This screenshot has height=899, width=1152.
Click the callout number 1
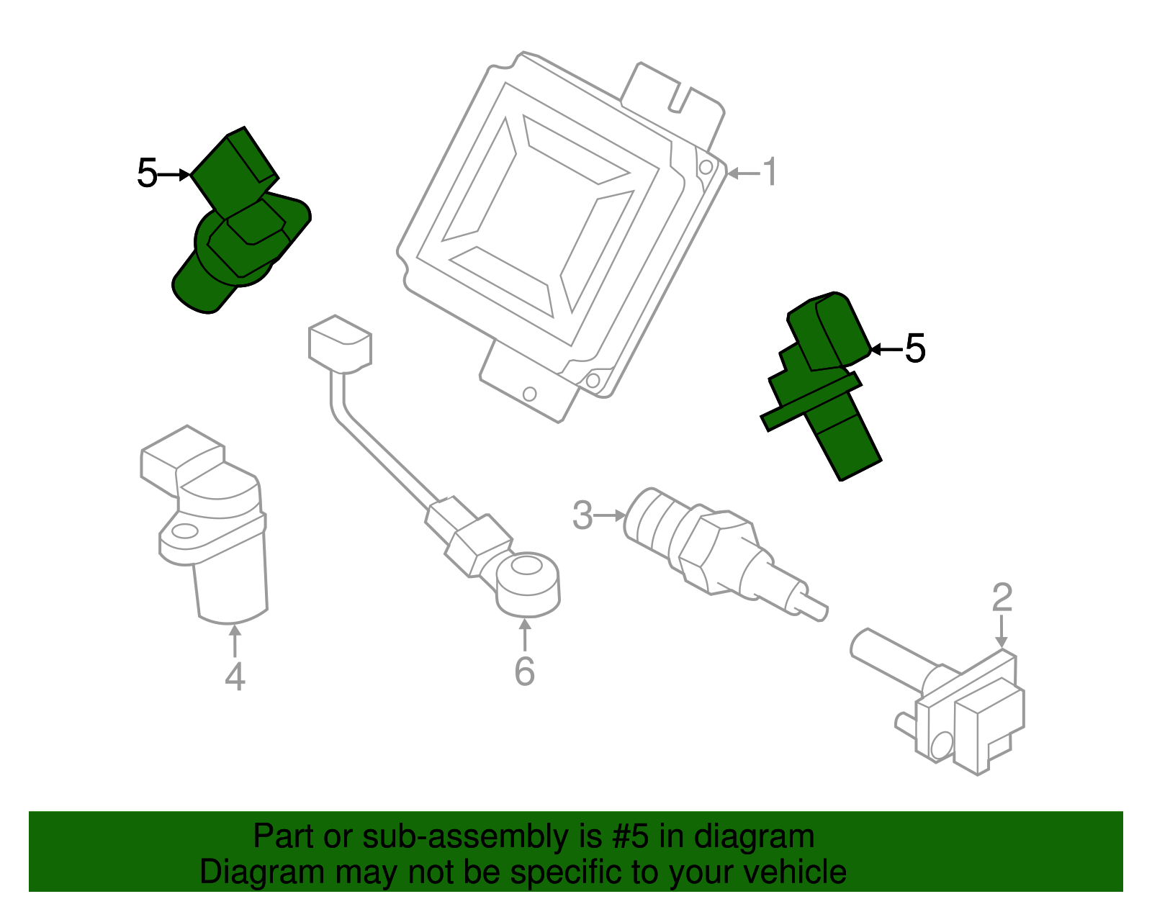click(770, 173)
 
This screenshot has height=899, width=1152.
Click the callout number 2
click(1002, 597)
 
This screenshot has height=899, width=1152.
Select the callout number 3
click(582, 515)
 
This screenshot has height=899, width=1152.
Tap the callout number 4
click(235, 677)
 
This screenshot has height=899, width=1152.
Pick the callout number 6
click(524, 672)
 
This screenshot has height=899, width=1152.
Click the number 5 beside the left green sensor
click(147, 174)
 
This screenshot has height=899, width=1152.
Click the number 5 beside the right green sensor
click(914, 349)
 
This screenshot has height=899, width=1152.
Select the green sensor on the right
click(824, 381)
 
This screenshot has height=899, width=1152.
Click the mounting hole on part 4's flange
click(184, 532)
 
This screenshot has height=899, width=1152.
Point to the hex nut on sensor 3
click(716, 551)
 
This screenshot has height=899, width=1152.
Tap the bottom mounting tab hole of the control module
click(529, 394)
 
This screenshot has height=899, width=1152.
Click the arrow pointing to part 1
click(743, 173)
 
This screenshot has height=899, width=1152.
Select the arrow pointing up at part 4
click(235, 641)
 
